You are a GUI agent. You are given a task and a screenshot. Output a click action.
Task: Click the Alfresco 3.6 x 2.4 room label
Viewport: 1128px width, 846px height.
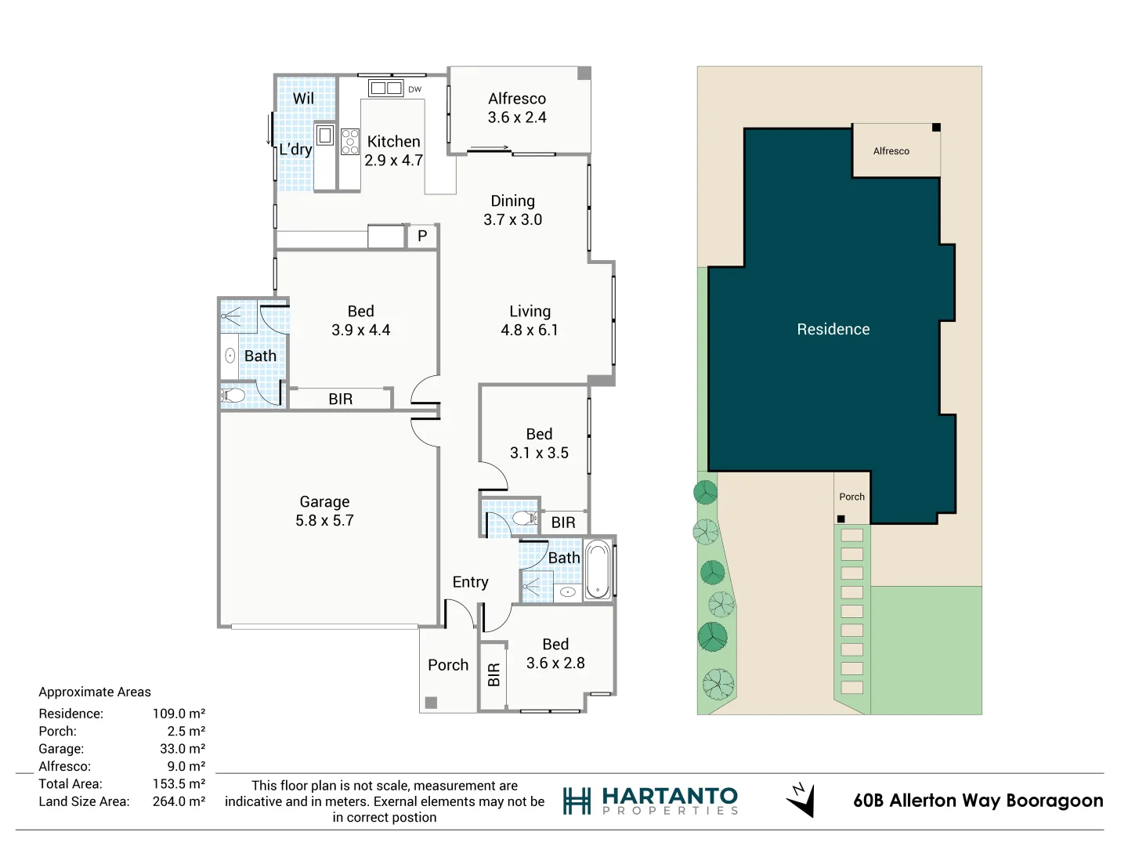pos(517,108)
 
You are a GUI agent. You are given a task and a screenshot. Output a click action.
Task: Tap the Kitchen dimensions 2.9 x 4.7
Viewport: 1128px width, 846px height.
pos(393,161)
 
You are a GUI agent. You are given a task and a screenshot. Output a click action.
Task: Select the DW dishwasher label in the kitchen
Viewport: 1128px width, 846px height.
pos(414,89)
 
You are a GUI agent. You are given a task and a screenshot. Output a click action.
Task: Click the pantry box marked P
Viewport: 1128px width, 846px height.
pos(422,236)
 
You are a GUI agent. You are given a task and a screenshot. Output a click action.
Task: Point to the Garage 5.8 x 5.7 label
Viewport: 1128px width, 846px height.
pos(324,511)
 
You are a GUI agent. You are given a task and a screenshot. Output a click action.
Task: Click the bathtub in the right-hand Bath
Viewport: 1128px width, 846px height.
pos(598,569)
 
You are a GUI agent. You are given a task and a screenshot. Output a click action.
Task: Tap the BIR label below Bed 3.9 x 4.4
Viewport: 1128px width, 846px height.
pos(340,399)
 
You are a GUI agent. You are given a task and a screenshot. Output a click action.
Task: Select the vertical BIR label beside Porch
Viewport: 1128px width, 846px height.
pos(493,674)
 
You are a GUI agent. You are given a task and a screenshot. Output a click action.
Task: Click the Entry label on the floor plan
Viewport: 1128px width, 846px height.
pos(470,582)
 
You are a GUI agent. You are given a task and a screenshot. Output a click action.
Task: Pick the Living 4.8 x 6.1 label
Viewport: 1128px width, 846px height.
pos(530,321)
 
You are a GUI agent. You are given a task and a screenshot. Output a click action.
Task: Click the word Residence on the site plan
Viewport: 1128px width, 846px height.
pos(833,330)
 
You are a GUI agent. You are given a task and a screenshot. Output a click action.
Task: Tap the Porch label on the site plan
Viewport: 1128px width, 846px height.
pos(851,497)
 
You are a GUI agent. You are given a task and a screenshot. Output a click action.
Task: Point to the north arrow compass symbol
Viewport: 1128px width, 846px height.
pos(801,800)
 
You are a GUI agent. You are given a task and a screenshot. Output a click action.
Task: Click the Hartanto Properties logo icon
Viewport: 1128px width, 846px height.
pos(577,801)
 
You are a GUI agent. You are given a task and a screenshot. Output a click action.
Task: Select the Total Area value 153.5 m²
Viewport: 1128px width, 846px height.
pos(179,784)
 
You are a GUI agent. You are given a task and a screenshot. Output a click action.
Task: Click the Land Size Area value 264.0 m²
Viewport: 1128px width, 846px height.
pos(179,801)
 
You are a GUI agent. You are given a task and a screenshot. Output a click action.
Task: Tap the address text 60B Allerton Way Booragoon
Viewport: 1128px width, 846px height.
pos(978,801)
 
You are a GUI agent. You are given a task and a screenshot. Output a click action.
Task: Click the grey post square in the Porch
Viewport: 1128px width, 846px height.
pos(431,703)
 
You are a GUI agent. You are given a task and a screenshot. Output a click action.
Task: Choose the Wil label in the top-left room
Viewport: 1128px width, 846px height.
pos(303,99)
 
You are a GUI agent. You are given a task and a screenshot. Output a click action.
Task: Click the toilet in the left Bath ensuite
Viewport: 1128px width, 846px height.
pos(233,396)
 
